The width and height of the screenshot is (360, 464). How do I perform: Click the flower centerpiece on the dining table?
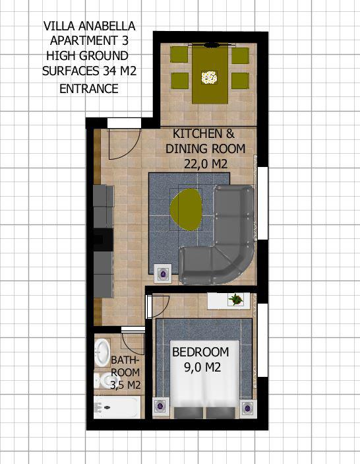point(209,77)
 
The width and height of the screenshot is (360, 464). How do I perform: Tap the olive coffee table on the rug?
point(186,210)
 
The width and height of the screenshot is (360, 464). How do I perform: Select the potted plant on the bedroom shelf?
point(236,299)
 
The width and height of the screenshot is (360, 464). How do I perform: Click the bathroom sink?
point(102,352)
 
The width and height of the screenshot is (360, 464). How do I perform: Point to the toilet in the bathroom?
point(102,381)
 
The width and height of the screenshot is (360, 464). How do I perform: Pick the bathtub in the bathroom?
point(117,407)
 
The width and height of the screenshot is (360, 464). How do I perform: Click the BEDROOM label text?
point(200,352)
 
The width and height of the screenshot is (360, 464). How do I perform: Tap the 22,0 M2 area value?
point(206,164)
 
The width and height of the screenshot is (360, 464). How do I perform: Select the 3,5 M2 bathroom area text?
point(125,385)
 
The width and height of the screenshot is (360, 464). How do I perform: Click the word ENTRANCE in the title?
point(89,88)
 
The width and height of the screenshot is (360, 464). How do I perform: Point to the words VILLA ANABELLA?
point(89,26)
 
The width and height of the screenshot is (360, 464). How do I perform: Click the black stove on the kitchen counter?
point(104,240)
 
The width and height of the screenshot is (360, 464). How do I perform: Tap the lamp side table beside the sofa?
point(163,273)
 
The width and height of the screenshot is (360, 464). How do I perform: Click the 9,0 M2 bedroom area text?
point(202,368)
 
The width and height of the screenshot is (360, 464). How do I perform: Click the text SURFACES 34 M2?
point(90,71)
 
